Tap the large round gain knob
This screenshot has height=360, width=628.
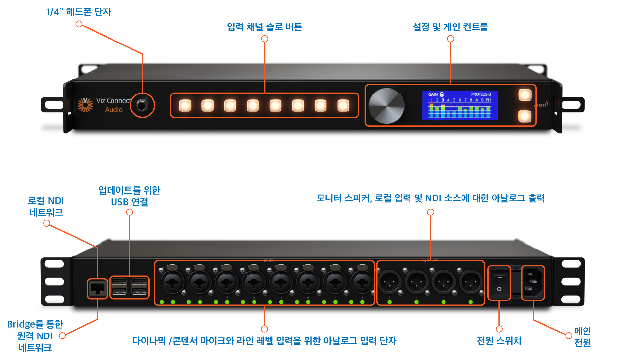386,106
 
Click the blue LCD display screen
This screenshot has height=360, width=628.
460,105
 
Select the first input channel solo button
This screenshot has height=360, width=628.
185,106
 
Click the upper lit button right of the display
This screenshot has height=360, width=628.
525,95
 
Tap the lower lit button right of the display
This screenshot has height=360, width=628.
525,116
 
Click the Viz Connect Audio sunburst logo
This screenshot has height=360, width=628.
85,105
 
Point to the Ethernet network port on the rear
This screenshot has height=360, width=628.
97,288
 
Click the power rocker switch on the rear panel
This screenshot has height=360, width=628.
499,283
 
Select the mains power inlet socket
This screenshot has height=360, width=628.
533,283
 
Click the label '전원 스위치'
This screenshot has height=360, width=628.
499,341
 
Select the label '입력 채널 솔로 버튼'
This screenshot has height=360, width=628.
264,27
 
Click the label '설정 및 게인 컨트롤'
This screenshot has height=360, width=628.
450,27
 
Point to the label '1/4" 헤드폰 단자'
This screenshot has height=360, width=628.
79,12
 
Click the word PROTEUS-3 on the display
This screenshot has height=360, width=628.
481,94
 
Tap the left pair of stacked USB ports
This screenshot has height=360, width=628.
119,287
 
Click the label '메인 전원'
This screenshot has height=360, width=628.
582,336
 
